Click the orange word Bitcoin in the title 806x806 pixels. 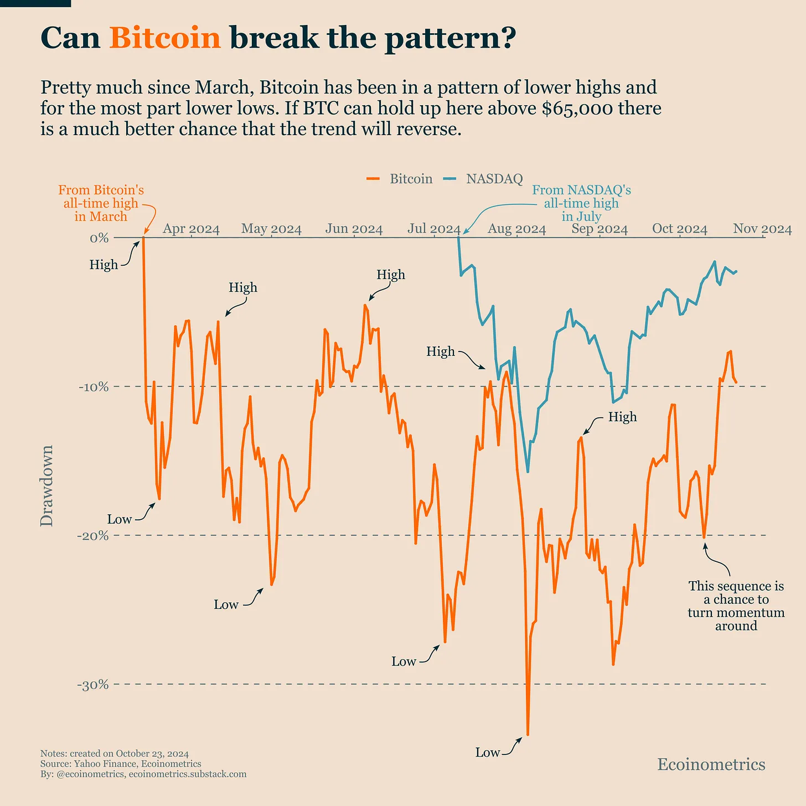point(165,38)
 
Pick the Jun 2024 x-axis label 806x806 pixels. point(354,229)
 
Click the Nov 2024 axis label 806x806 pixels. point(762,229)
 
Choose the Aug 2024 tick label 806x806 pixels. point(516,229)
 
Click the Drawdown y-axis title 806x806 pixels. point(47,485)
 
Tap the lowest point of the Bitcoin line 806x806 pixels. point(528,735)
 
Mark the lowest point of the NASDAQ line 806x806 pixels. point(528,472)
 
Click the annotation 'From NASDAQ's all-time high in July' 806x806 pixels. point(581,203)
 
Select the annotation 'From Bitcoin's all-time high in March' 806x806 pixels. point(101,203)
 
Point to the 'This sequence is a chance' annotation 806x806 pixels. point(736,606)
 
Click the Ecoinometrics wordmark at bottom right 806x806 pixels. point(711,764)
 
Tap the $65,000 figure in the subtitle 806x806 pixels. point(577,108)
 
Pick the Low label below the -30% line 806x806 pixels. point(488,752)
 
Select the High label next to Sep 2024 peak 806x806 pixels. point(622,417)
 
